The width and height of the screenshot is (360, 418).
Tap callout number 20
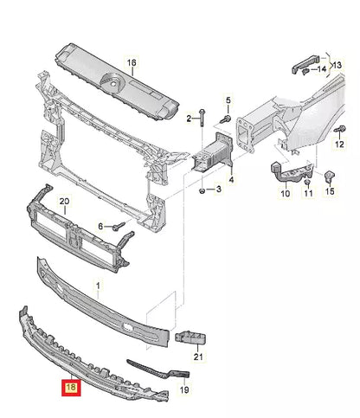click(63, 203)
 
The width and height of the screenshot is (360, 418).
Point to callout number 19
click(184, 390)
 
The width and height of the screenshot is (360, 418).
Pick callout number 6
click(101, 227)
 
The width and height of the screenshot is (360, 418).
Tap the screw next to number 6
click(119, 227)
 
